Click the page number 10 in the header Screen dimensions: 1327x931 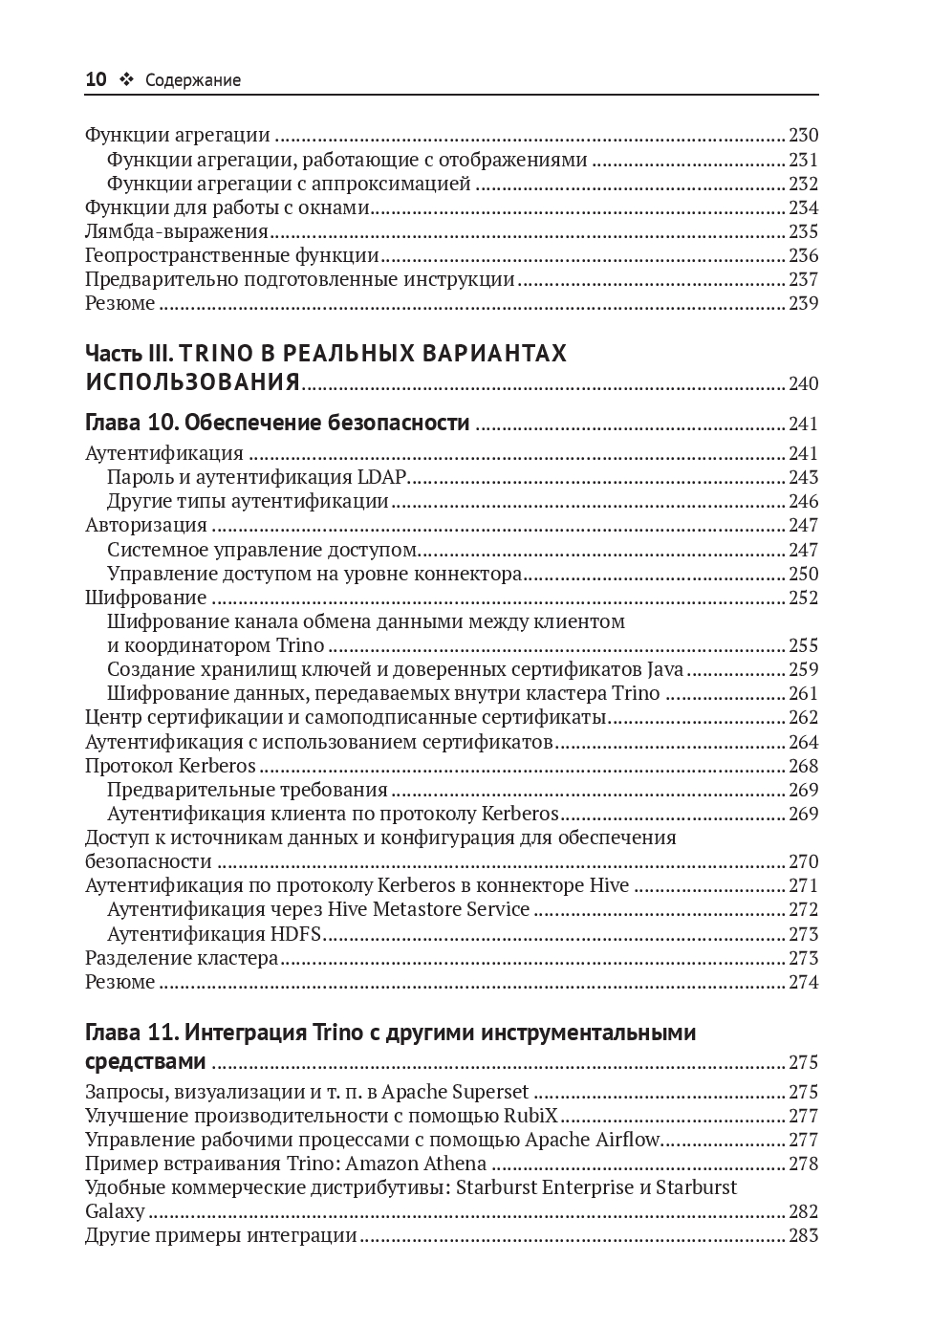coord(96,80)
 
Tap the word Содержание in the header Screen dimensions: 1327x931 coord(193,81)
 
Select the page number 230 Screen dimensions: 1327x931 coord(803,136)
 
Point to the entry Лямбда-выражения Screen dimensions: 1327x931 coord(176,231)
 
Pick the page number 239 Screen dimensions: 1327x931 coord(803,303)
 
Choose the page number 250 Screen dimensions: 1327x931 coord(803,574)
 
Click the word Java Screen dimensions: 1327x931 coord(665,669)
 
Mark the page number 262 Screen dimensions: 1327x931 coord(803,717)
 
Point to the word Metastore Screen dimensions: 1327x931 coord(415,909)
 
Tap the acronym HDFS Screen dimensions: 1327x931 coord(295,934)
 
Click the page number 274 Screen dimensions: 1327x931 coord(803,982)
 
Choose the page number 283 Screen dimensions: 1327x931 coord(803,1235)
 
